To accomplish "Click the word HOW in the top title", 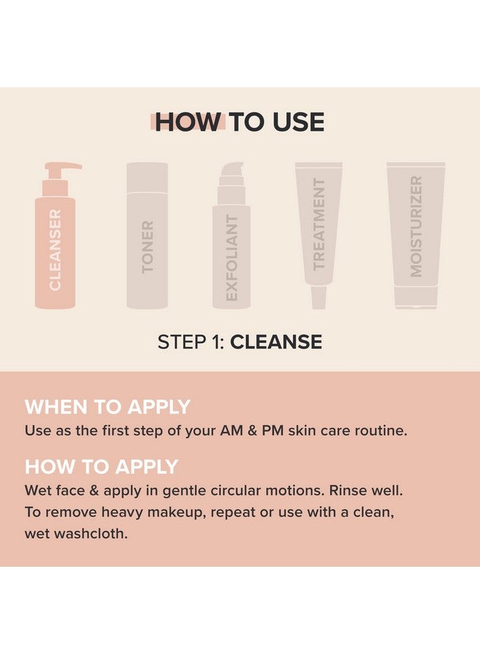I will pyautogui.click(x=187, y=122).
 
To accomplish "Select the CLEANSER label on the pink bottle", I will pyautogui.click(x=55, y=249).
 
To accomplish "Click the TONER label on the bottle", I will pyautogui.click(x=148, y=247).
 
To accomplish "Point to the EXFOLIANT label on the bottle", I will pyautogui.click(x=232, y=258).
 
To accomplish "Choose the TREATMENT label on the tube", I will pyautogui.click(x=319, y=224).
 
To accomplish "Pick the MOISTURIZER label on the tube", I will pyautogui.click(x=415, y=226).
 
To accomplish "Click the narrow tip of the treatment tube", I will pyautogui.click(x=318, y=297).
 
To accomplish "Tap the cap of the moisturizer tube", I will pyautogui.click(x=416, y=297).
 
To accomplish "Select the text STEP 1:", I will pyautogui.click(x=191, y=342).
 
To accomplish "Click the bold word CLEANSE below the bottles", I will pyautogui.click(x=276, y=342).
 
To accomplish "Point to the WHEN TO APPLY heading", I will pyautogui.click(x=107, y=407).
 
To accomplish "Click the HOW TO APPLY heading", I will pyautogui.click(x=101, y=466).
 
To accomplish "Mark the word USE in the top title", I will pyautogui.click(x=295, y=122).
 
